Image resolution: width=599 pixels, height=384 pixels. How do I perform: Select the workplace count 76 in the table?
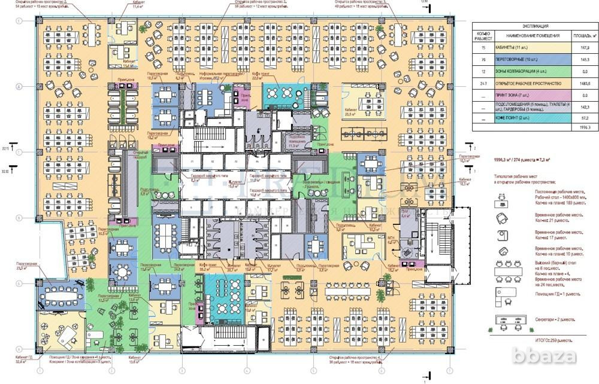tap(483, 60)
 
